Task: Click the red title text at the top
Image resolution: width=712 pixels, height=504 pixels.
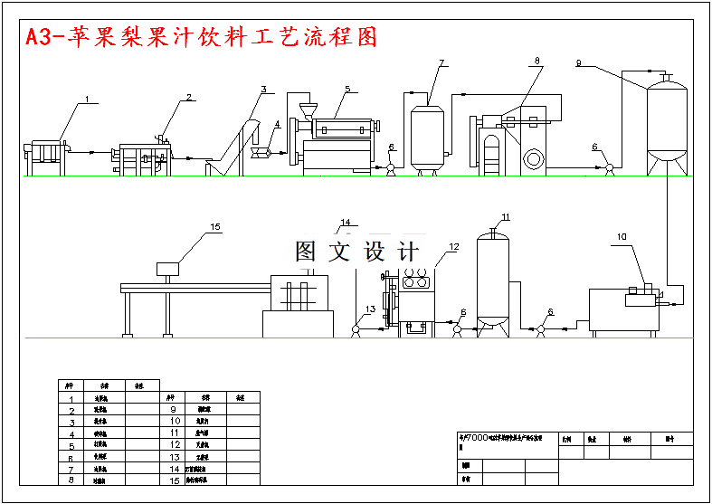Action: pyautogui.click(x=200, y=37)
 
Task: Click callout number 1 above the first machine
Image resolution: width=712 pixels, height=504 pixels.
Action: pyautogui.click(x=87, y=99)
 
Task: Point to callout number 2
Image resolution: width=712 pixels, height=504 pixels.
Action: pyautogui.click(x=189, y=97)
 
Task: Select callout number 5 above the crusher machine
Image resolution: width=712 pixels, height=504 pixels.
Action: pyautogui.click(x=347, y=89)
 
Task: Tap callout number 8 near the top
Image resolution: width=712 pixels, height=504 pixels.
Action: pyautogui.click(x=536, y=62)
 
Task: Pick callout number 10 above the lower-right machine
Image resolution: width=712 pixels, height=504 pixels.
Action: pyautogui.click(x=622, y=237)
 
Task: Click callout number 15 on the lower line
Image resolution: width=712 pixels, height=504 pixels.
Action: pyautogui.click(x=214, y=227)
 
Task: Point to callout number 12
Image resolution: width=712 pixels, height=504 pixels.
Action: pyautogui.click(x=454, y=246)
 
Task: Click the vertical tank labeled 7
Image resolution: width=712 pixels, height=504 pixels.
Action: pyautogui.click(x=428, y=136)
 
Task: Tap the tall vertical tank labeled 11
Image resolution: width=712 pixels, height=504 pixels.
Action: pyautogui.click(x=492, y=276)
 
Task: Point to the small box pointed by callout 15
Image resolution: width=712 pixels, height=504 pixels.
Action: pyautogui.click(x=167, y=268)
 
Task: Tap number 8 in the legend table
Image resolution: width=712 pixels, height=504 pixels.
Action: pyautogui.click(x=71, y=480)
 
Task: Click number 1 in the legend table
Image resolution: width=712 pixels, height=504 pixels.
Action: pyautogui.click(x=71, y=398)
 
